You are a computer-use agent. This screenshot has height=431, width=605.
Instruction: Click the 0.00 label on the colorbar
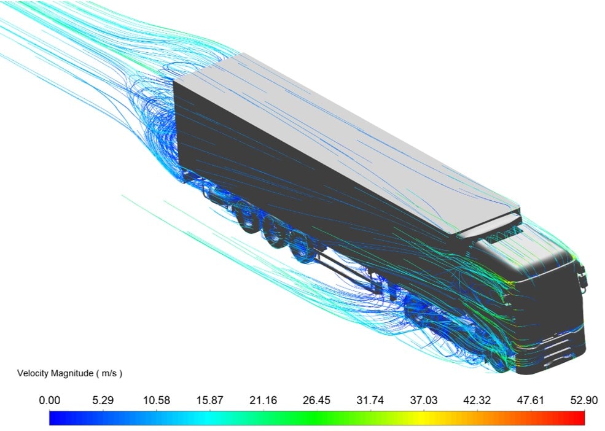point(49,400)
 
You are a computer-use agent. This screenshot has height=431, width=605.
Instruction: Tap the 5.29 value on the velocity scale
point(103,400)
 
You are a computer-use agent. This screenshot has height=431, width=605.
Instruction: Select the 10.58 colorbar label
point(156,400)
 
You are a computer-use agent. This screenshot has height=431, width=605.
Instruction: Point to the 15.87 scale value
point(210,400)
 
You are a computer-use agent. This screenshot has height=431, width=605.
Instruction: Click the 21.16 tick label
point(263,400)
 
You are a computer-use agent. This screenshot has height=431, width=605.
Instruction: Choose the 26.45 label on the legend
point(316,400)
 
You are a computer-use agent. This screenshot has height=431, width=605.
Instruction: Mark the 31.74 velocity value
point(370,400)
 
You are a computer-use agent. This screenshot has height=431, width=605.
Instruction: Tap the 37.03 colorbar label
point(423,400)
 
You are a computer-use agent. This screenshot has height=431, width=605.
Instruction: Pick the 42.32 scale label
point(477,400)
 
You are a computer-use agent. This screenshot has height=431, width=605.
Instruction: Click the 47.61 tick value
point(530,400)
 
